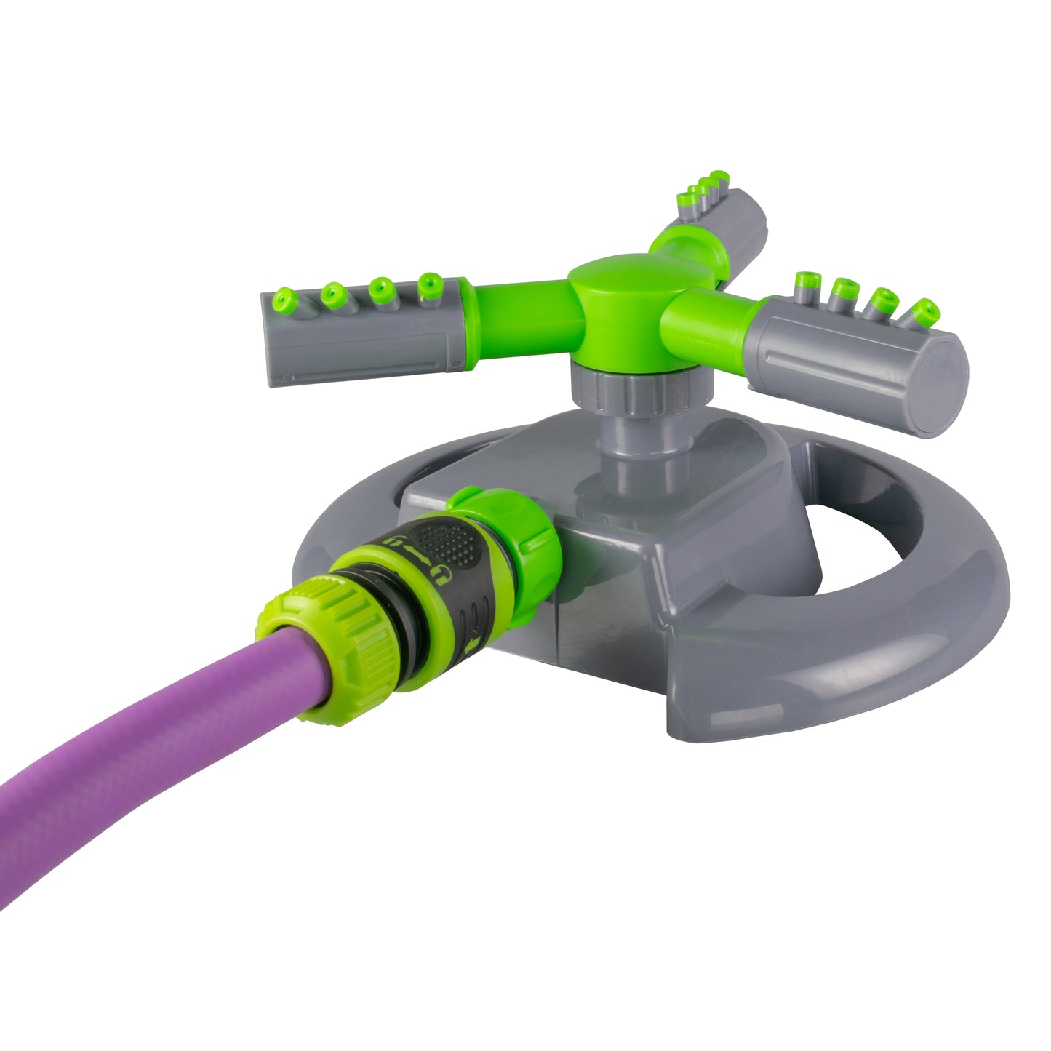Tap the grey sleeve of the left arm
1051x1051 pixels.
(x=364, y=342)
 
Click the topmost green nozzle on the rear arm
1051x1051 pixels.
(x=719, y=177)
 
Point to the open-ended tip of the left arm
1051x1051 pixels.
(x=271, y=342)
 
